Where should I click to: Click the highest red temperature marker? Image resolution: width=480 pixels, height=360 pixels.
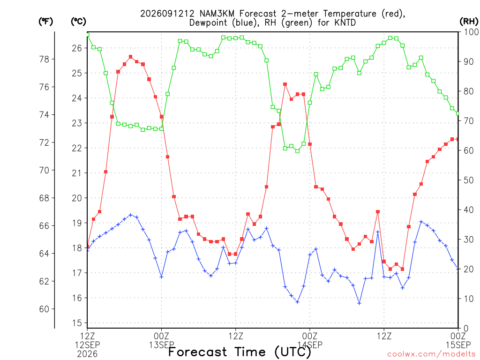point(131,57)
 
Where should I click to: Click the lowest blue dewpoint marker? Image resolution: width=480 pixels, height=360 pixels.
point(360,303)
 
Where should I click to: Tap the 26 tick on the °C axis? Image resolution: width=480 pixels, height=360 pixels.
point(77,48)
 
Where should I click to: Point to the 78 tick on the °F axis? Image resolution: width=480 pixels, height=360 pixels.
point(45,59)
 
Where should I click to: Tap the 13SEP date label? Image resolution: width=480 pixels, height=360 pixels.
point(162,345)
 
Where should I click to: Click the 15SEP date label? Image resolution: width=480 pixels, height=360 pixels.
point(458,345)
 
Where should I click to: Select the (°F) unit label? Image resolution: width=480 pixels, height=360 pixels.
point(45,22)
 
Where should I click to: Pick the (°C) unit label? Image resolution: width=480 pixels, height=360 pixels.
point(78,22)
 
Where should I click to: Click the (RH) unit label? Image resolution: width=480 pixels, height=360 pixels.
point(469,22)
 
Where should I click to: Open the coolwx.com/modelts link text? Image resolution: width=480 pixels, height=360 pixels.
point(431,354)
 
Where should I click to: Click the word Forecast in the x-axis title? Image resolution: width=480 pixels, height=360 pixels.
point(197,352)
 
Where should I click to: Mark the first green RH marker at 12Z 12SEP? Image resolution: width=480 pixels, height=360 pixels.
point(88,35)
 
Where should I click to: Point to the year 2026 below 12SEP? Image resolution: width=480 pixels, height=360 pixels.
point(87,354)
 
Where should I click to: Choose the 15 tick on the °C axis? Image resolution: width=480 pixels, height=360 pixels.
point(77,323)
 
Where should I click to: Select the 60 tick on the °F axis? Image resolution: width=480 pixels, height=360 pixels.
point(45,309)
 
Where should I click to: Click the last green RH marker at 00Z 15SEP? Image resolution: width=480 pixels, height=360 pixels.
point(458,113)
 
